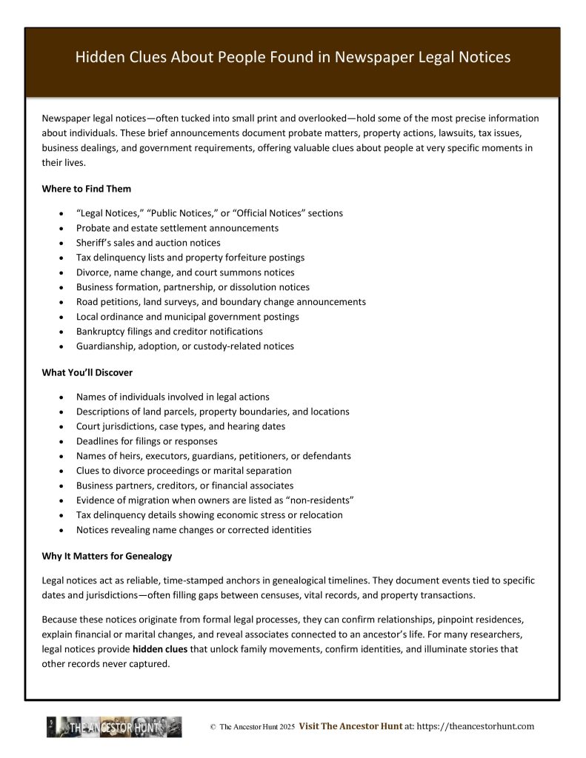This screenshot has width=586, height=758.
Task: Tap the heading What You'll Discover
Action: point(87,372)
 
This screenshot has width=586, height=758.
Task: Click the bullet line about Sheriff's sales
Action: point(148,243)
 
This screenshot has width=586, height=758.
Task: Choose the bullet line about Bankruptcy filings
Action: point(169,332)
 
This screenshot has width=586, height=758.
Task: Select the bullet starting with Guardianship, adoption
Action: point(184,346)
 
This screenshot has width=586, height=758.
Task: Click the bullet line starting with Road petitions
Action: point(221,302)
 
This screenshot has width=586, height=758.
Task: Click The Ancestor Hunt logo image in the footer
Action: point(114,727)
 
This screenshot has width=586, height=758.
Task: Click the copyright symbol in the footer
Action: point(213,728)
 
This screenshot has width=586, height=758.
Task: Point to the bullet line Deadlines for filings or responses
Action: point(147,441)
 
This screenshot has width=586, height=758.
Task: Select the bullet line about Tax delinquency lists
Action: point(190,258)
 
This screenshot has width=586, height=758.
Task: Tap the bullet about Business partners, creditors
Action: point(184,486)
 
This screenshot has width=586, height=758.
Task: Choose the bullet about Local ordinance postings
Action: point(187,317)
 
